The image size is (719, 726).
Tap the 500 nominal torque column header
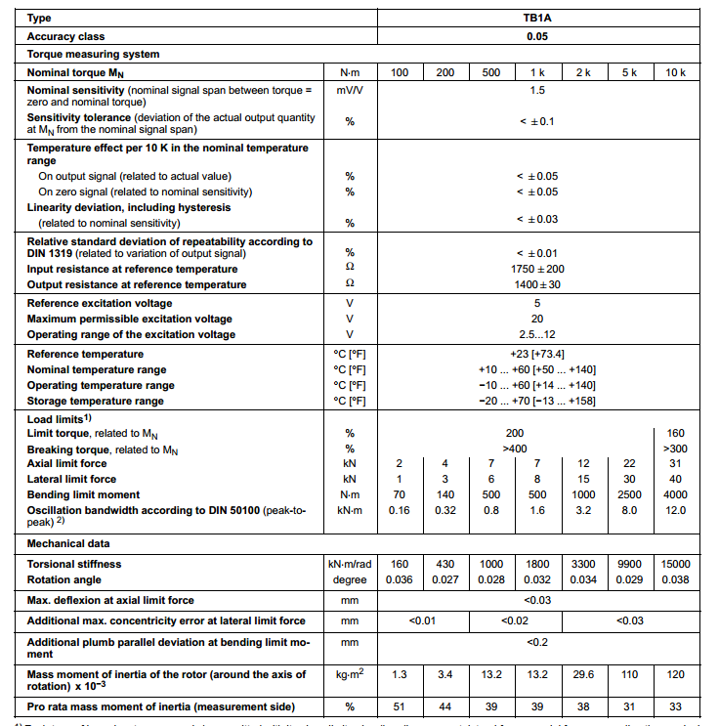(x=491, y=73)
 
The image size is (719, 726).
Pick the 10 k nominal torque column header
(x=676, y=73)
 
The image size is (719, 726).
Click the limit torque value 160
(x=676, y=433)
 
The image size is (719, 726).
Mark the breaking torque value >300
(x=676, y=448)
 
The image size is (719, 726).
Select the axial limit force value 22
(x=630, y=463)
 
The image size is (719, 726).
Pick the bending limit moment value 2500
(x=630, y=494)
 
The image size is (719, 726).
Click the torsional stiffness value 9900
(x=630, y=564)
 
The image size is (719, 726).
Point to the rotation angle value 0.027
(x=445, y=579)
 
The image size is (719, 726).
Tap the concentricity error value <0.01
(x=423, y=620)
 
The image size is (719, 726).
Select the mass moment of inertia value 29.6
(x=584, y=674)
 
